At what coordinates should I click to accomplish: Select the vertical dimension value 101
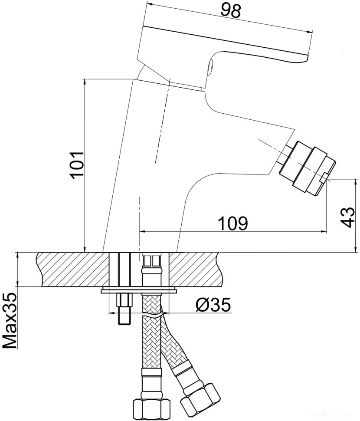[x=77, y=165]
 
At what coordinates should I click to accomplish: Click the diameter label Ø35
[x=213, y=306]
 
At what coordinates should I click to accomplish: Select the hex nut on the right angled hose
[x=201, y=397]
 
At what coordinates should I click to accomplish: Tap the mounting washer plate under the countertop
[x=139, y=289]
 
